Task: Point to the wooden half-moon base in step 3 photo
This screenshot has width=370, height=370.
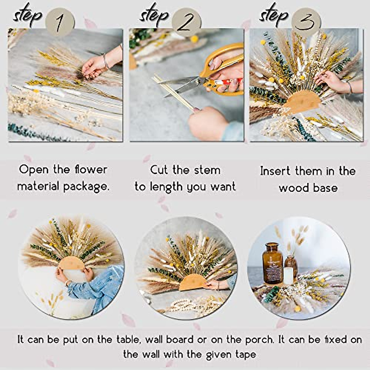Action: coord(301,100)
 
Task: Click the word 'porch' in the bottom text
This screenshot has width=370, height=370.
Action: coord(259,339)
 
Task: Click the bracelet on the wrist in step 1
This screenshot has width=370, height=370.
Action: coord(106,61)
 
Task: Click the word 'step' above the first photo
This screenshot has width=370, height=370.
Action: coord(27,15)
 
